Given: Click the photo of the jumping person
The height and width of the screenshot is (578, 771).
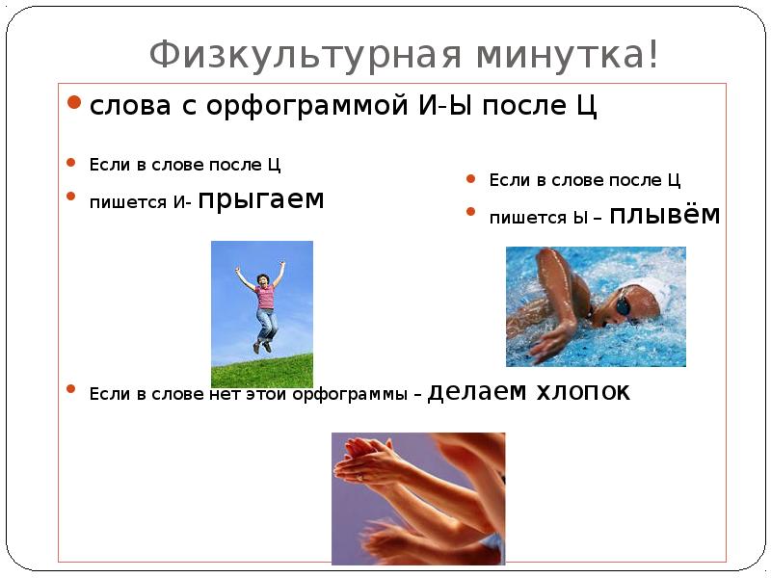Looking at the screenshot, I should pos(262,314).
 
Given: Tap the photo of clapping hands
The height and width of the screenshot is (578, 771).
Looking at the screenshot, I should pos(418,498).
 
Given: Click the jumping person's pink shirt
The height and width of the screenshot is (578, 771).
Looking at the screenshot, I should pos(264,295).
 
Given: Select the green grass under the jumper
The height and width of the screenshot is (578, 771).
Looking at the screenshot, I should pos(262,370).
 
